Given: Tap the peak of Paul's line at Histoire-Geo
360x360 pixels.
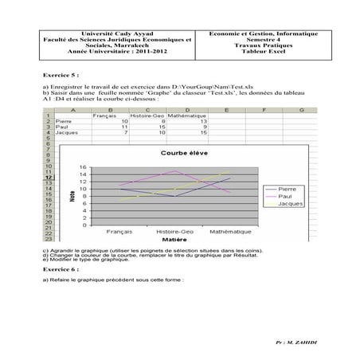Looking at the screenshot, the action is (174, 171).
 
